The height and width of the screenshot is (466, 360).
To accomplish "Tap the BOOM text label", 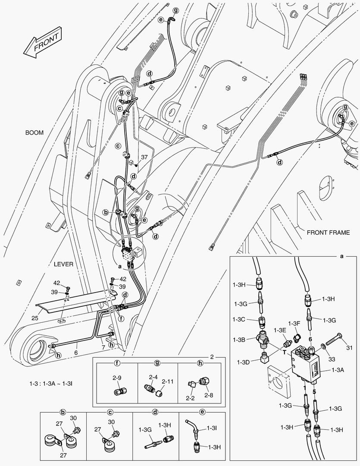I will tap(34, 133).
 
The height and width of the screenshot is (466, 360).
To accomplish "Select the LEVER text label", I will tap(63, 264).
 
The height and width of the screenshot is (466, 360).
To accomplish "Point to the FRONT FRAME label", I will tap(328, 232).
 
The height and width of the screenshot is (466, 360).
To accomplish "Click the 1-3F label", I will tap(294, 323).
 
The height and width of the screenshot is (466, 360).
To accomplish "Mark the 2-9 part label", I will tap(116, 378).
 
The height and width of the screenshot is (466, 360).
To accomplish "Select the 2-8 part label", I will tap(209, 395).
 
